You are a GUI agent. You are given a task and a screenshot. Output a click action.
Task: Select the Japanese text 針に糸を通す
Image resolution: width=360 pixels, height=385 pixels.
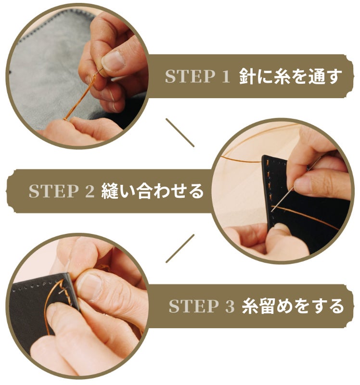[291, 76]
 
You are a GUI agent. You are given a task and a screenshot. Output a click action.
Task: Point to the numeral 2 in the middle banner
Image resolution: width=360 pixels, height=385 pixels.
[90, 191]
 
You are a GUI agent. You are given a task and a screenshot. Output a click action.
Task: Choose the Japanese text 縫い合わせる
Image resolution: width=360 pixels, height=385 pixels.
[152, 191]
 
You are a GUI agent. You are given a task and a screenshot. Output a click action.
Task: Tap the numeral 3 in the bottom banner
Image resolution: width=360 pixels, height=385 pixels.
[230, 306]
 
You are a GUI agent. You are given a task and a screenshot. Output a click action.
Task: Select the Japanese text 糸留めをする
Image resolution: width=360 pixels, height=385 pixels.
[293, 306]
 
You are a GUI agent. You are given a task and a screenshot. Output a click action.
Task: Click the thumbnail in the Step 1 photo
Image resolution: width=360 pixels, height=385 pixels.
[114, 61]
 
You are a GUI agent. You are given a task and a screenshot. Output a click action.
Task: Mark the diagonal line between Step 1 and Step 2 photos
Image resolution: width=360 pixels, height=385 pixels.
[180, 133]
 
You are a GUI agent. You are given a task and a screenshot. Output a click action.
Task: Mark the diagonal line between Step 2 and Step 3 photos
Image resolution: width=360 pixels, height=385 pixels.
[180, 248]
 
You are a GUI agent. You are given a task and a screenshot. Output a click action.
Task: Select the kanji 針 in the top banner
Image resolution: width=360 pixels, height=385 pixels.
[247, 76]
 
